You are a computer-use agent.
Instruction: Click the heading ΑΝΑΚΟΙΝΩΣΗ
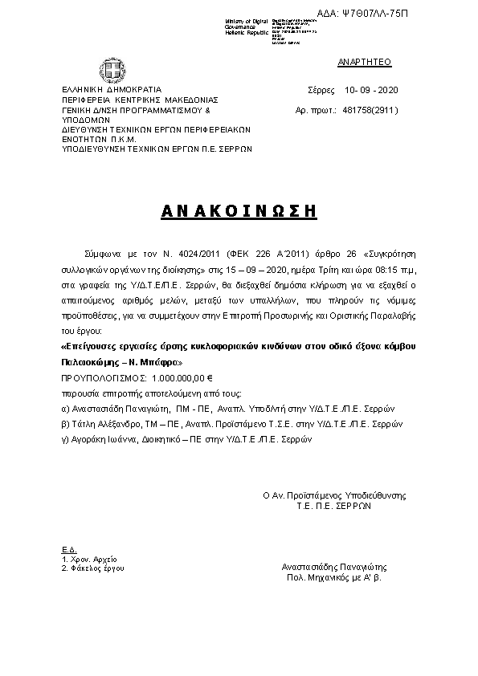(x=239, y=211)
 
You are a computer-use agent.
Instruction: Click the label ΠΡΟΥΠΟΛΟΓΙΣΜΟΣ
(x=102, y=377)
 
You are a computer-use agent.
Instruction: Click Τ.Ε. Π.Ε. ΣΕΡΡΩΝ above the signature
(x=333, y=507)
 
